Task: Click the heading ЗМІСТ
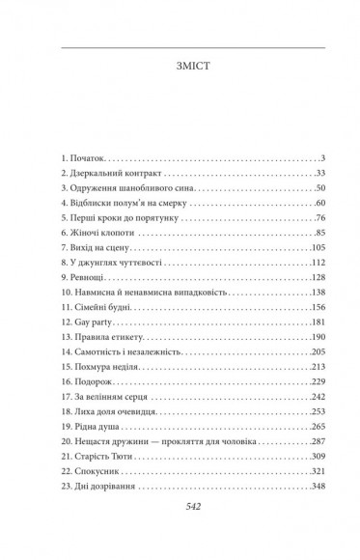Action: click(x=180, y=70)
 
